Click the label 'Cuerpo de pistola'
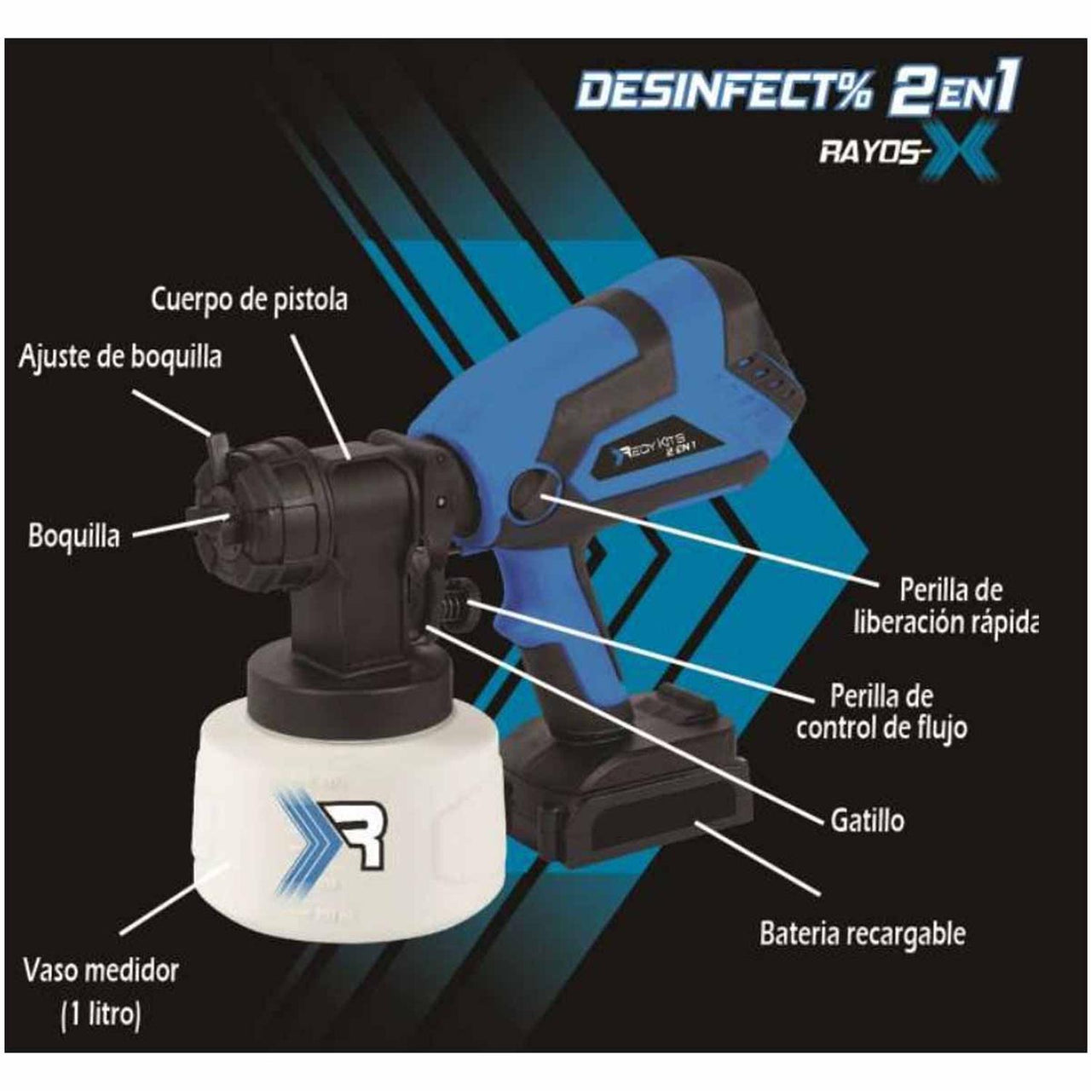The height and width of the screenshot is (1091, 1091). (x=250, y=301)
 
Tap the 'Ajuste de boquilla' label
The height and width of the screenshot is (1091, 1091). (x=120, y=356)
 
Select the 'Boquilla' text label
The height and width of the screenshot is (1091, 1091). (x=74, y=537)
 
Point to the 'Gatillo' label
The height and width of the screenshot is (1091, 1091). (x=866, y=820)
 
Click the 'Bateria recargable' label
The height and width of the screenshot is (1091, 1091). (x=863, y=933)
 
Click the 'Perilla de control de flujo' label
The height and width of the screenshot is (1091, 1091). (x=881, y=712)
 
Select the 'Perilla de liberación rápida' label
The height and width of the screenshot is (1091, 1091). (x=945, y=606)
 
